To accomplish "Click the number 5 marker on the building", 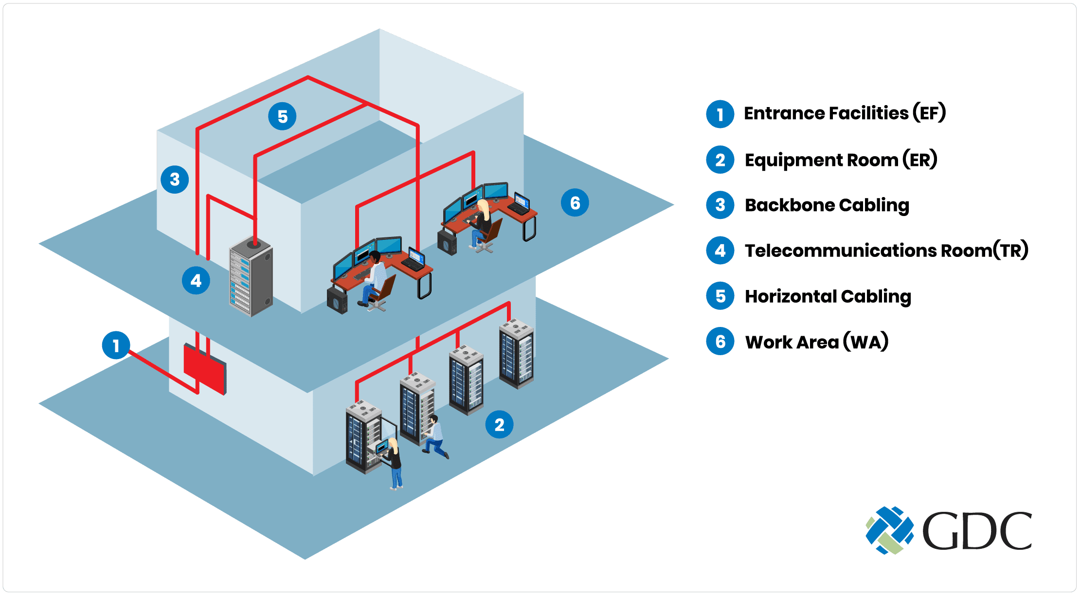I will pyautogui.click(x=282, y=116).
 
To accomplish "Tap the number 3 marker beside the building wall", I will pyautogui.click(x=175, y=180).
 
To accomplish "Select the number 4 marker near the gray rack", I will pyautogui.click(x=196, y=280).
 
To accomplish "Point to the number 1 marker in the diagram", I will pyautogui.click(x=116, y=345).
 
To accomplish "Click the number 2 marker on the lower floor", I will pyautogui.click(x=499, y=424).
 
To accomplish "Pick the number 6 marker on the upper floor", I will pyautogui.click(x=575, y=202).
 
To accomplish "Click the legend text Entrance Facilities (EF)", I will pyautogui.click(x=845, y=113).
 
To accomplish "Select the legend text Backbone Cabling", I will pyautogui.click(x=827, y=205).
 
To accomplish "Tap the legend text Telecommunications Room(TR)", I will pyautogui.click(x=886, y=251).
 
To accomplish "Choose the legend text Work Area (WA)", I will pyautogui.click(x=816, y=342).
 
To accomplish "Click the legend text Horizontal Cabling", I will pyautogui.click(x=828, y=296).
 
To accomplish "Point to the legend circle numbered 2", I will pyautogui.click(x=720, y=160).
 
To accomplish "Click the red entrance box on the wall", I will pyautogui.click(x=204, y=369).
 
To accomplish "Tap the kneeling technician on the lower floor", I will pyautogui.click(x=434, y=436).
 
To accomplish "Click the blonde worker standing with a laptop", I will pyautogui.click(x=394, y=463).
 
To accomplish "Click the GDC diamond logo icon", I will pyautogui.click(x=889, y=530).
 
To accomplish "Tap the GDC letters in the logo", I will pyautogui.click(x=977, y=531).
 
